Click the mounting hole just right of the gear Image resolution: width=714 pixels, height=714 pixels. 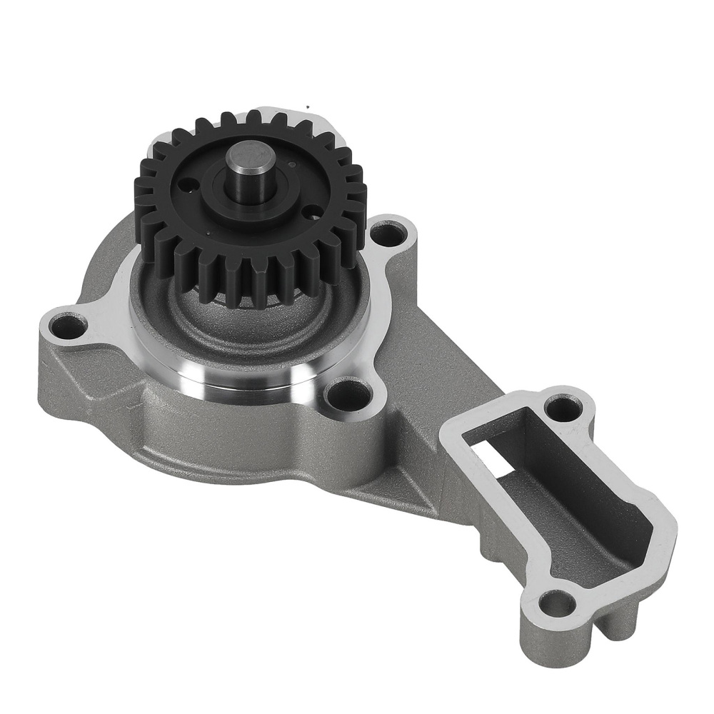pyautogui.click(x=386, y=233)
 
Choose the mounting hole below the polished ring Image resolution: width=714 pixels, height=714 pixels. pyautogui.click(x=348, y=393)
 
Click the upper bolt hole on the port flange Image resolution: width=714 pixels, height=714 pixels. pyautogui.click(x=561, y=409)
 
